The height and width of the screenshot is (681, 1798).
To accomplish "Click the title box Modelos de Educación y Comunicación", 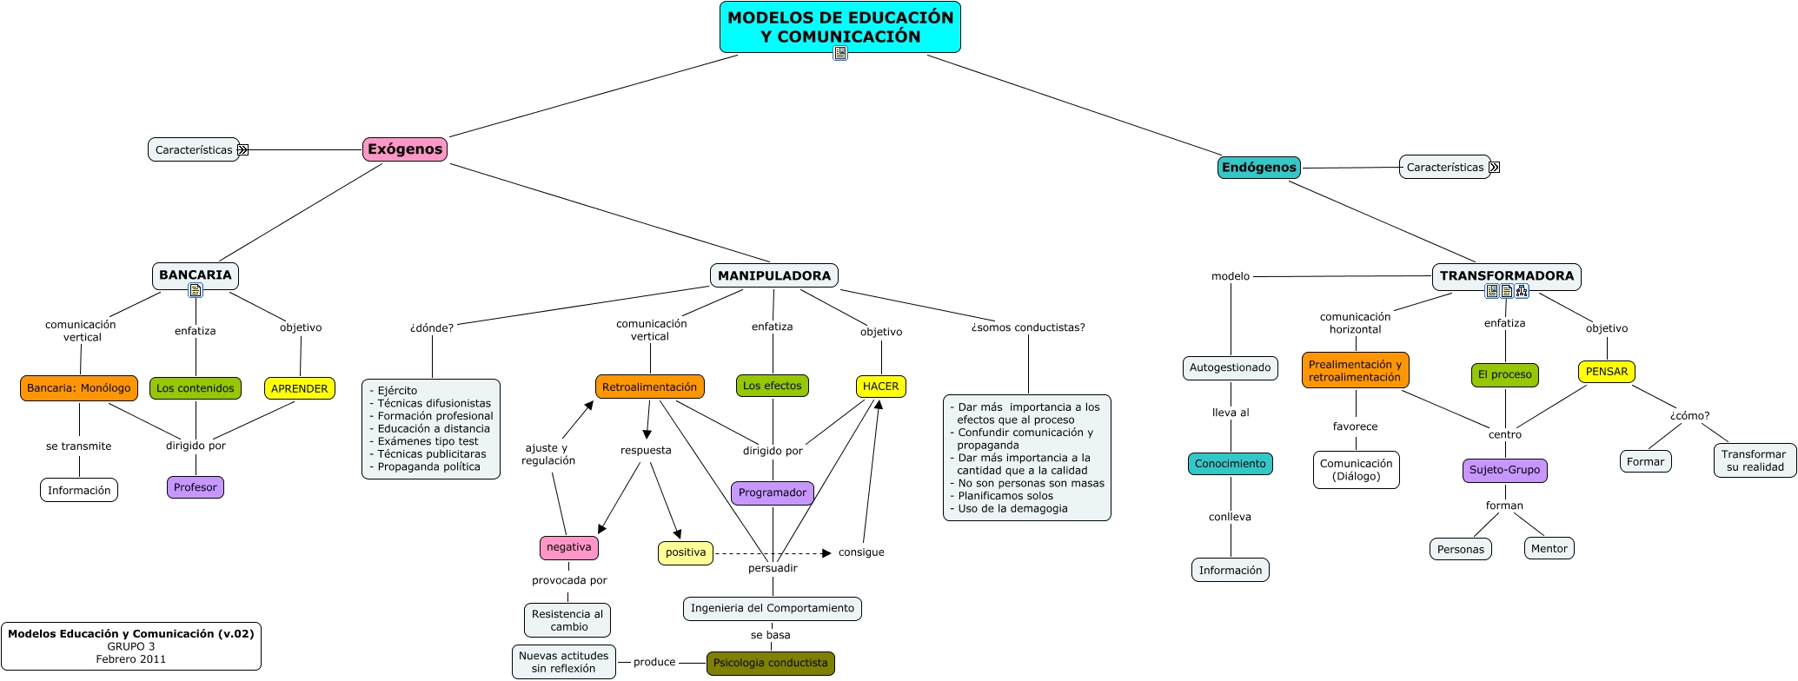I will (839, 27).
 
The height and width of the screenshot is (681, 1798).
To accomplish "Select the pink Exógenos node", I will (405, 149).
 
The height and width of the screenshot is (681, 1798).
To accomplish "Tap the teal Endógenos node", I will (1258, 168).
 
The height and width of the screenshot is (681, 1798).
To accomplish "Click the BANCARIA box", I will (196, 274).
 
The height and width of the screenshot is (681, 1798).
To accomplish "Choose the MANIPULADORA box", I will (773, 275).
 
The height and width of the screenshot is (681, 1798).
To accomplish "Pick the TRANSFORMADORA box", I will (1506, 275).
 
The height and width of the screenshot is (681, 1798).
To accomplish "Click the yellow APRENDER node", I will (299, 388).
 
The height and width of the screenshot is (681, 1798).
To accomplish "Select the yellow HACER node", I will (880, 387).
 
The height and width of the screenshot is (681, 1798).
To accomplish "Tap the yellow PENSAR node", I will (1606, 372).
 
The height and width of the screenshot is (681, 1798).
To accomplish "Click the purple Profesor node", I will (195, 487).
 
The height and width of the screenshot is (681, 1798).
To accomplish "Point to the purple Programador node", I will (772, 493).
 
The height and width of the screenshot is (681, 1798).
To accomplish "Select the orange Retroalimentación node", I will (649, 387).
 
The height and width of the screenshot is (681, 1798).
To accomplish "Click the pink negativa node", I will (568, 547).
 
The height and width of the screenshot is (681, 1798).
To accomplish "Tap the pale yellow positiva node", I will (685, 552).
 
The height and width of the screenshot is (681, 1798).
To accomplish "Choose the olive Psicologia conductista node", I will (770, 663).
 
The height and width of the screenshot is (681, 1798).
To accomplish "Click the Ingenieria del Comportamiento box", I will (772, 608).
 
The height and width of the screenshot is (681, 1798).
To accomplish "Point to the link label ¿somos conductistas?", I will (1027, 327).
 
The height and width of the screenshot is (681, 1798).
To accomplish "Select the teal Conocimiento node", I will (1230, 464).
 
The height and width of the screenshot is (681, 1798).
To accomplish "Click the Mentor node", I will (1549, 549).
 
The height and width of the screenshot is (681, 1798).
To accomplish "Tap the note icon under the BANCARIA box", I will (196, 290).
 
